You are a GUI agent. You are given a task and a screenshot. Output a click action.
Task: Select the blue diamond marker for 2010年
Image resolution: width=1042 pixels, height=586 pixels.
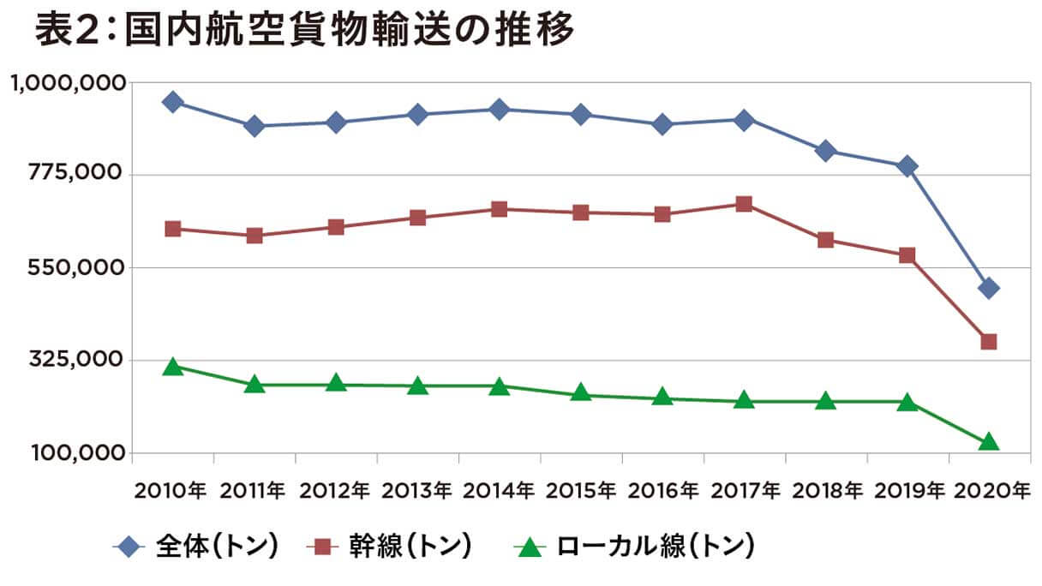(x=172, y=102)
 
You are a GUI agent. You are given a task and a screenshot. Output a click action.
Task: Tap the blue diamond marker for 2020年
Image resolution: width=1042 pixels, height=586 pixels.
(x=989, y=288)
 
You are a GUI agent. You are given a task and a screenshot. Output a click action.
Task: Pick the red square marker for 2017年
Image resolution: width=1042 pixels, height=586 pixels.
(x=744, y=204)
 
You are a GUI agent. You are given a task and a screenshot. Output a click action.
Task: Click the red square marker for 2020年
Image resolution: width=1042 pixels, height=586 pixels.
(x=989, y=342)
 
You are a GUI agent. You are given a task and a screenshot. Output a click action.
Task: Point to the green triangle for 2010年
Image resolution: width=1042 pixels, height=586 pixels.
(x=172, y=368)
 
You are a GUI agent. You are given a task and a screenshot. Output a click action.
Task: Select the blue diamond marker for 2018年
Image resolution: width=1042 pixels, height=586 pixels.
(x=825, y=152)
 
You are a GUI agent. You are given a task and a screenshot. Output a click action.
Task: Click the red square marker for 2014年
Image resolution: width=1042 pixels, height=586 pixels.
(x=499, y=209)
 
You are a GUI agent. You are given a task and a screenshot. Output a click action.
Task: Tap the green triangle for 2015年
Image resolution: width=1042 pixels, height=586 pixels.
(x=581, y=394)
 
